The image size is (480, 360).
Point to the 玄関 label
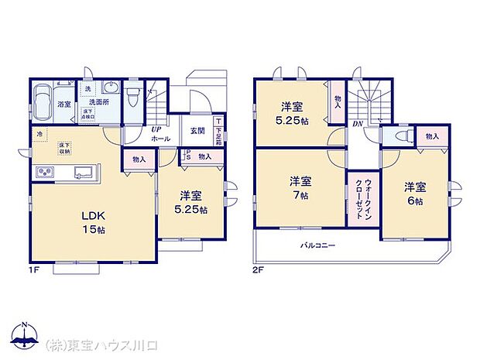[197, 131]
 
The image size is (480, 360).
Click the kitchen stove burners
[43, 172]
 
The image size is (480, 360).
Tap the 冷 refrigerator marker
[38, 133]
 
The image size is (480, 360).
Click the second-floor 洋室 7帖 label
[300, 188]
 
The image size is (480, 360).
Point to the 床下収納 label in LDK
[64, 148]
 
